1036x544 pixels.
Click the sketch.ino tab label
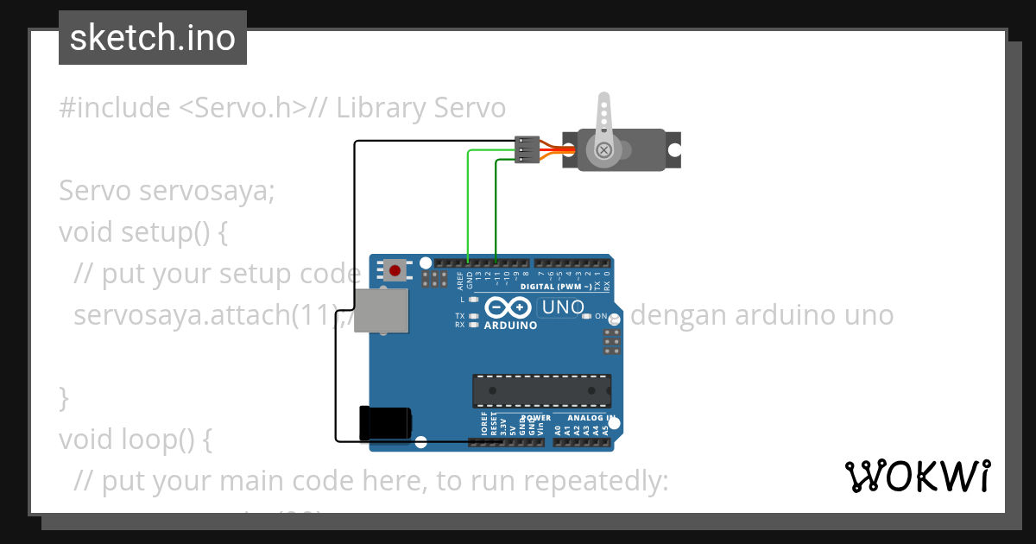153,38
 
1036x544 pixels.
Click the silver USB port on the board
381,311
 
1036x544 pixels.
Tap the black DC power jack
386,422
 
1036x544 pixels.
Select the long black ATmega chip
541,390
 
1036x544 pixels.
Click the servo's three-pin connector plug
527,149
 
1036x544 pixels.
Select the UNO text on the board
562,307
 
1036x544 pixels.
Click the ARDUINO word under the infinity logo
510,326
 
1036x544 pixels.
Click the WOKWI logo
917,476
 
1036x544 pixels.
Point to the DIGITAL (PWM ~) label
556,286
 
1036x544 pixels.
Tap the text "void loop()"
135,440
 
